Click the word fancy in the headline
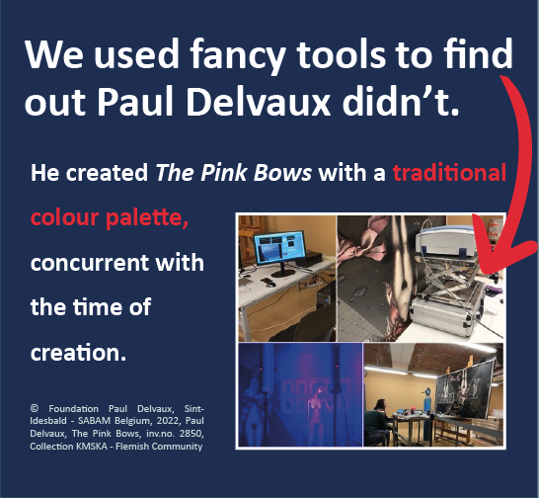[238, 55]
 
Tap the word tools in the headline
[341, 54]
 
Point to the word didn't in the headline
[401, 101]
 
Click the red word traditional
[449, 172]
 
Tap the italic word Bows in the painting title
[282, 172]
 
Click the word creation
[78, 353]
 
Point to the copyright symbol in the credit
[34, 408]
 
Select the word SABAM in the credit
[94, 421]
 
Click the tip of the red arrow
[487, 274]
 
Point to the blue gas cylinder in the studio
[427, 400]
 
